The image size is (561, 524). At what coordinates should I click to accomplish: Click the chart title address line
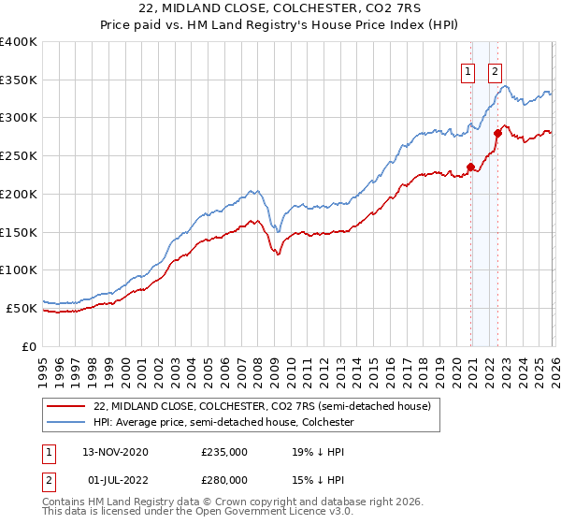pyautogui.click(x=280, y=8)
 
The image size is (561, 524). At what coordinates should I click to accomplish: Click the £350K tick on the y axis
pyautogui.click(x=19, y=80)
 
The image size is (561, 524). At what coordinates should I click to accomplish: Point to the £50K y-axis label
pyautogui.click(x=22, y=308)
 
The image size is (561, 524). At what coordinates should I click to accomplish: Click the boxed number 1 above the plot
pyautogui.click(x=467, y=69)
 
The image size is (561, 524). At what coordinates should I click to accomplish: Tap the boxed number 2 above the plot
pyautogui.click(x=494, y=69)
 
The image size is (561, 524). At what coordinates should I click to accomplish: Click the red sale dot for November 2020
pyautogui.click(x=470, y=167)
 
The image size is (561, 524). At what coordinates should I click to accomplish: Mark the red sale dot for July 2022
pyautogui.click(x=497, y=133)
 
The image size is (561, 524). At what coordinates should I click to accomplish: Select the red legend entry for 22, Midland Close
pyautogui.click(x=262, y=406)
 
